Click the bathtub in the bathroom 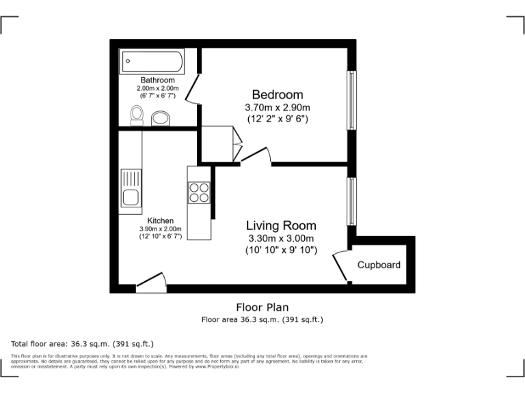(152, 63)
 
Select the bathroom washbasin (161, 118)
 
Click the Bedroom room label (277, 94)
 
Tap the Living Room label (281, 225)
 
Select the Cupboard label (379, 265)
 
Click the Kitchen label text (161, 220)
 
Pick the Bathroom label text (157, 80)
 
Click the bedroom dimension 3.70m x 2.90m (277, 107)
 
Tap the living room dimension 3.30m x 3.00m (281, 238)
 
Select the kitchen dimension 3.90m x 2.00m (161, 229)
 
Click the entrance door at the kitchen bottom (150, 282)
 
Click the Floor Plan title (262, 308)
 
